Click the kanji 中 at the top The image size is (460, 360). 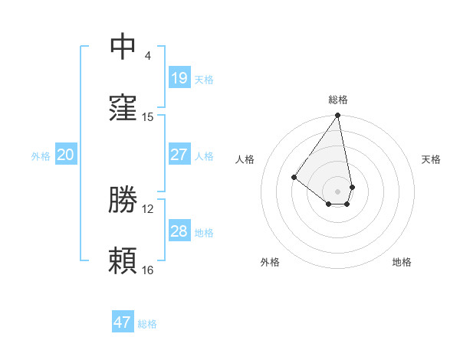tap(123, 45)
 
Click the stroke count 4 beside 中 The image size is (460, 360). tap(147, 56)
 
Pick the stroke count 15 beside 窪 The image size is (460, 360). tap(148, 117)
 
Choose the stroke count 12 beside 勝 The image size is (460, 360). tap(148, 208)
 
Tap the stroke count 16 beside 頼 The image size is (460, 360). tap(148, 270)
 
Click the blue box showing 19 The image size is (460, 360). tap(179, 77)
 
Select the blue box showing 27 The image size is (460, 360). tap(179, 155)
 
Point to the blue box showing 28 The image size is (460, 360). tap(179, 231)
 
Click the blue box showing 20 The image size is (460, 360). tap(66, 155)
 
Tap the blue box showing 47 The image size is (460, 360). tap(123, 322)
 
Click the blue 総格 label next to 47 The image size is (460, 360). tap(147, 324)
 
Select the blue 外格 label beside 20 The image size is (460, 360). tap(41, 156)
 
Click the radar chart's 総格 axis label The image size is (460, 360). tap(338, 100)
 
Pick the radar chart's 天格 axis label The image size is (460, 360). tap(431, 159)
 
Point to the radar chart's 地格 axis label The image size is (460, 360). tap(402, 262)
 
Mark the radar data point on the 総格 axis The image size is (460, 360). tap(337, 116)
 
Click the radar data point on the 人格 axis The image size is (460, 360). tap(294, 177)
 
